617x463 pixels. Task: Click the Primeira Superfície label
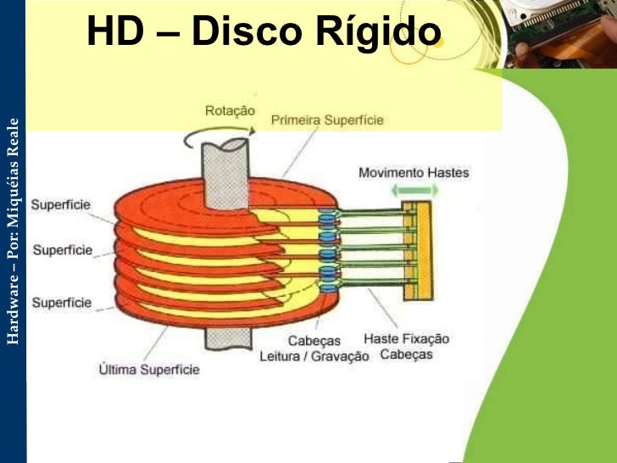(x=326, y=120)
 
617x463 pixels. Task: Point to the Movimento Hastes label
(x=413, y=172)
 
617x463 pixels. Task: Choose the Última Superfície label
(x=148, y=370)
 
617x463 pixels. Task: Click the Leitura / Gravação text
(x=314, y=356)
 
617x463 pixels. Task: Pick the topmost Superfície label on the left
(x=61, y=204)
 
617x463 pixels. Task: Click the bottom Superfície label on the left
(x=61, y=301)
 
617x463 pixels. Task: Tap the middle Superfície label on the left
(x=61, y=251)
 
